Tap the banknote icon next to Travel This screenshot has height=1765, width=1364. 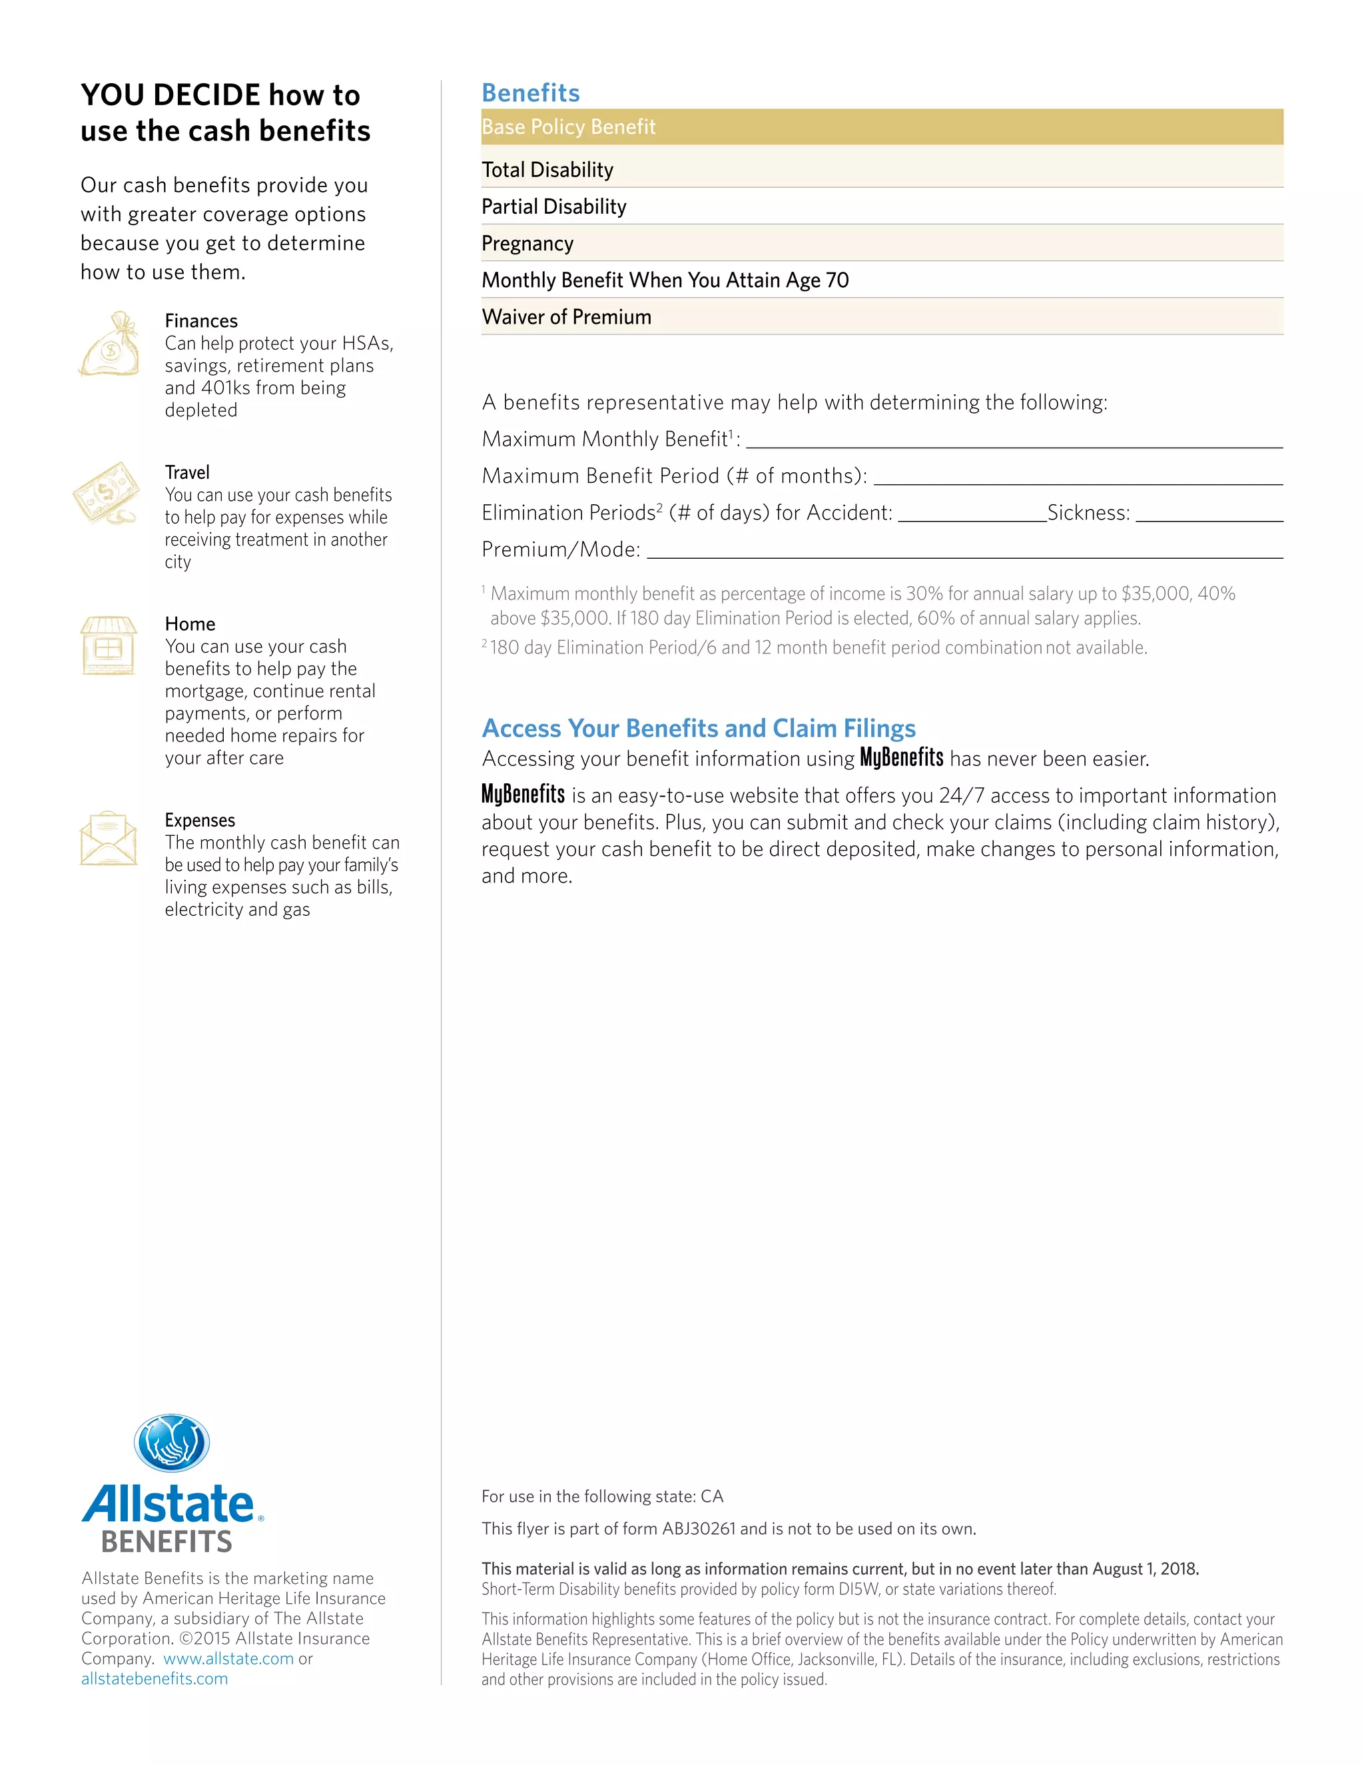tap(106, 493)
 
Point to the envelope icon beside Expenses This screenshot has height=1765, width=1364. tap(109, 839)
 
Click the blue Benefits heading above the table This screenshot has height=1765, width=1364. tap(530, 93)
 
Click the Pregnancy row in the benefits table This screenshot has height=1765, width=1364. tap(527, 243)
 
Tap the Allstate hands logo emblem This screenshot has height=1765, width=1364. tap(172, 1443)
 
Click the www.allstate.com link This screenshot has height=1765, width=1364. tap(228, 1658)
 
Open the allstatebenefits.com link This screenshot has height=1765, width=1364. tap(155, 1678)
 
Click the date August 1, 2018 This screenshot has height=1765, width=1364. tap(1145, 1569)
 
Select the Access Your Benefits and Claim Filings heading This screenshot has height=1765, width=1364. tap(698, 728)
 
